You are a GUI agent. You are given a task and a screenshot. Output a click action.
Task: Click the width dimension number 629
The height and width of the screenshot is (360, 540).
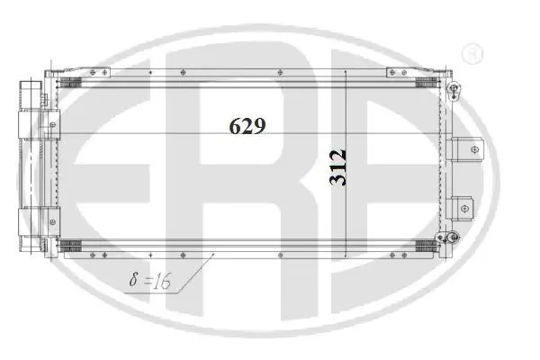(247, 127)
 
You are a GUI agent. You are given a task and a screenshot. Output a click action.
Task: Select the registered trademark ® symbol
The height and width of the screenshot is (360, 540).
(469, 55)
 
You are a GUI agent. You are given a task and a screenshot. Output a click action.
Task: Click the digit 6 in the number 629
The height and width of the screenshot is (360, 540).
(234, 127)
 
